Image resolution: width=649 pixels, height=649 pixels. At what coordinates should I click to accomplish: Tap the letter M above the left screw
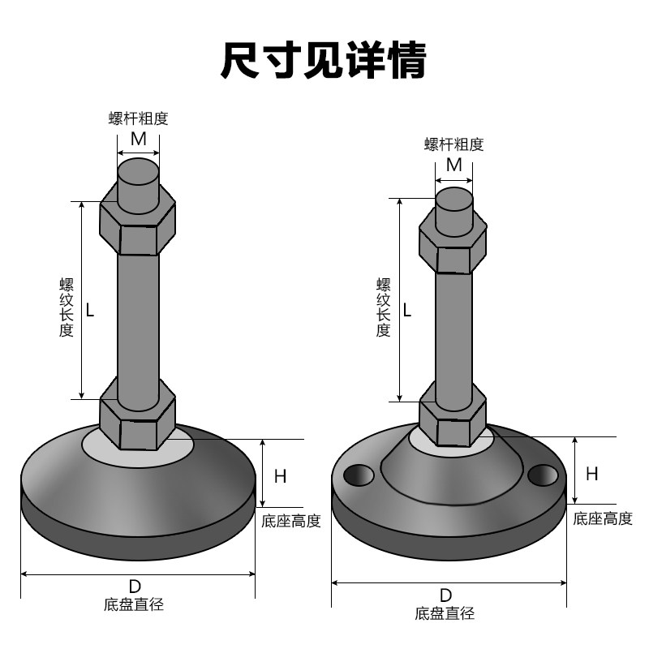[139, 139]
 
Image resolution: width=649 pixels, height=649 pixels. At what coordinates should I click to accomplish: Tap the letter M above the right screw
[454, 165]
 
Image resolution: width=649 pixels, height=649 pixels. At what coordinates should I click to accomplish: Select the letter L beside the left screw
[90, 309]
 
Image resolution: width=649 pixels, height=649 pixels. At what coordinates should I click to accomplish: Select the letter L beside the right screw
[407, 309]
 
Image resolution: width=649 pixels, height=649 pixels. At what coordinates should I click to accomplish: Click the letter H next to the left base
[280, 476]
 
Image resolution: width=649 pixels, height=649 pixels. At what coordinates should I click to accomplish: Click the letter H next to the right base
[592, 474]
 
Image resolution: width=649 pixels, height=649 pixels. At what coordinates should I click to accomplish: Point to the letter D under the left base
[135, 587]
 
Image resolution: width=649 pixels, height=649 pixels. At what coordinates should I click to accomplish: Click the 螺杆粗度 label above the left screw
[139, 118]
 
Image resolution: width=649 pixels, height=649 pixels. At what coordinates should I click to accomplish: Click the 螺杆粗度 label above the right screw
[454, 144]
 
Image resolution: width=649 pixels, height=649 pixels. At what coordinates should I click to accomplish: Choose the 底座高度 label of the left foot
[290, 521]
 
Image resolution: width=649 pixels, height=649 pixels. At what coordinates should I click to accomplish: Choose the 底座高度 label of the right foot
[603, 519]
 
